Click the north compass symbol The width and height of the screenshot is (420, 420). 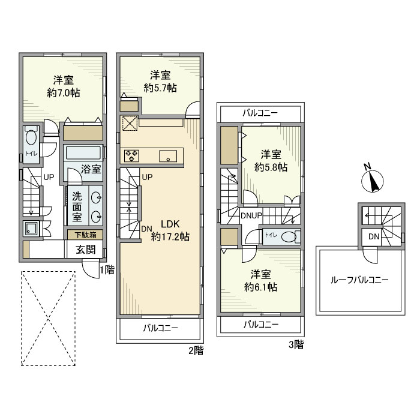click(372, 180)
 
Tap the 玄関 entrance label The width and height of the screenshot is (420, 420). click(85, 250)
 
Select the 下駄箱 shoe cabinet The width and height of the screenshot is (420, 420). click(85, 235)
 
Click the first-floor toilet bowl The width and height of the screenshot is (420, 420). click(31, 137)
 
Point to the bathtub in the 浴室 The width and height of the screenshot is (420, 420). click(83, 153)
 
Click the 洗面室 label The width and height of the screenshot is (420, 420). click(77, 206)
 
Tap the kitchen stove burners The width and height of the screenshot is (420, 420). click(131, 155)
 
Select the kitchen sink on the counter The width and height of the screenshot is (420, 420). click(168, 156)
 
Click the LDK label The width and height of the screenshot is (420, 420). click(170, 224)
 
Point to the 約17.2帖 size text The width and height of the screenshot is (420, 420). click(170, 236)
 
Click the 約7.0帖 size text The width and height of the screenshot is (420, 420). click(64, 92)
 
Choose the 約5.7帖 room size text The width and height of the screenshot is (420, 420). click(160, 88)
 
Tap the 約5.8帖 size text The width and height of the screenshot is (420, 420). click(271, 167)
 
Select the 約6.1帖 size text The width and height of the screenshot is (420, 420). click(260, 287)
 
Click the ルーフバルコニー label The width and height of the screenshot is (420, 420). click(359, 280)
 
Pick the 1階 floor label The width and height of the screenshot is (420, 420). click(107, 270)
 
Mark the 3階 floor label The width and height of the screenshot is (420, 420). click(296, 344)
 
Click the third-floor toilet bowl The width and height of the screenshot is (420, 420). click(289, 237)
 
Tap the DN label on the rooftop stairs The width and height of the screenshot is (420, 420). click(374, 236)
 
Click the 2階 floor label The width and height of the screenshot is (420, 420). click(196, 350)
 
